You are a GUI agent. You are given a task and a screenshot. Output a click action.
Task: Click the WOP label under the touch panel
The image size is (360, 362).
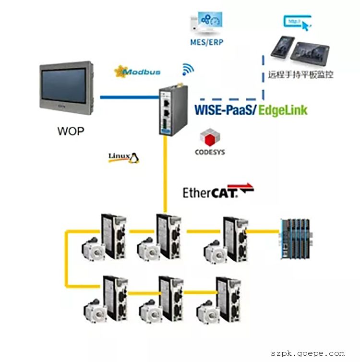click(70, 130)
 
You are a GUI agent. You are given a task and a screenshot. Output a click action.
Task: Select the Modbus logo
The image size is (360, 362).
click(137, 72)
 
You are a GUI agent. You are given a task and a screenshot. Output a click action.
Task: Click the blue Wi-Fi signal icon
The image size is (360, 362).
click(188, 70)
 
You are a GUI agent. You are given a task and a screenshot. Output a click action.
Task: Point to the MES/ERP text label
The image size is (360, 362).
click(206, 42)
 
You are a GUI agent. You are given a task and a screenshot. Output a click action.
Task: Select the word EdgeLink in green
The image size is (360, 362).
click(283, 109)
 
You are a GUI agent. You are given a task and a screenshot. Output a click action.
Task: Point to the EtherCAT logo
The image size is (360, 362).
click(217, 192)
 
